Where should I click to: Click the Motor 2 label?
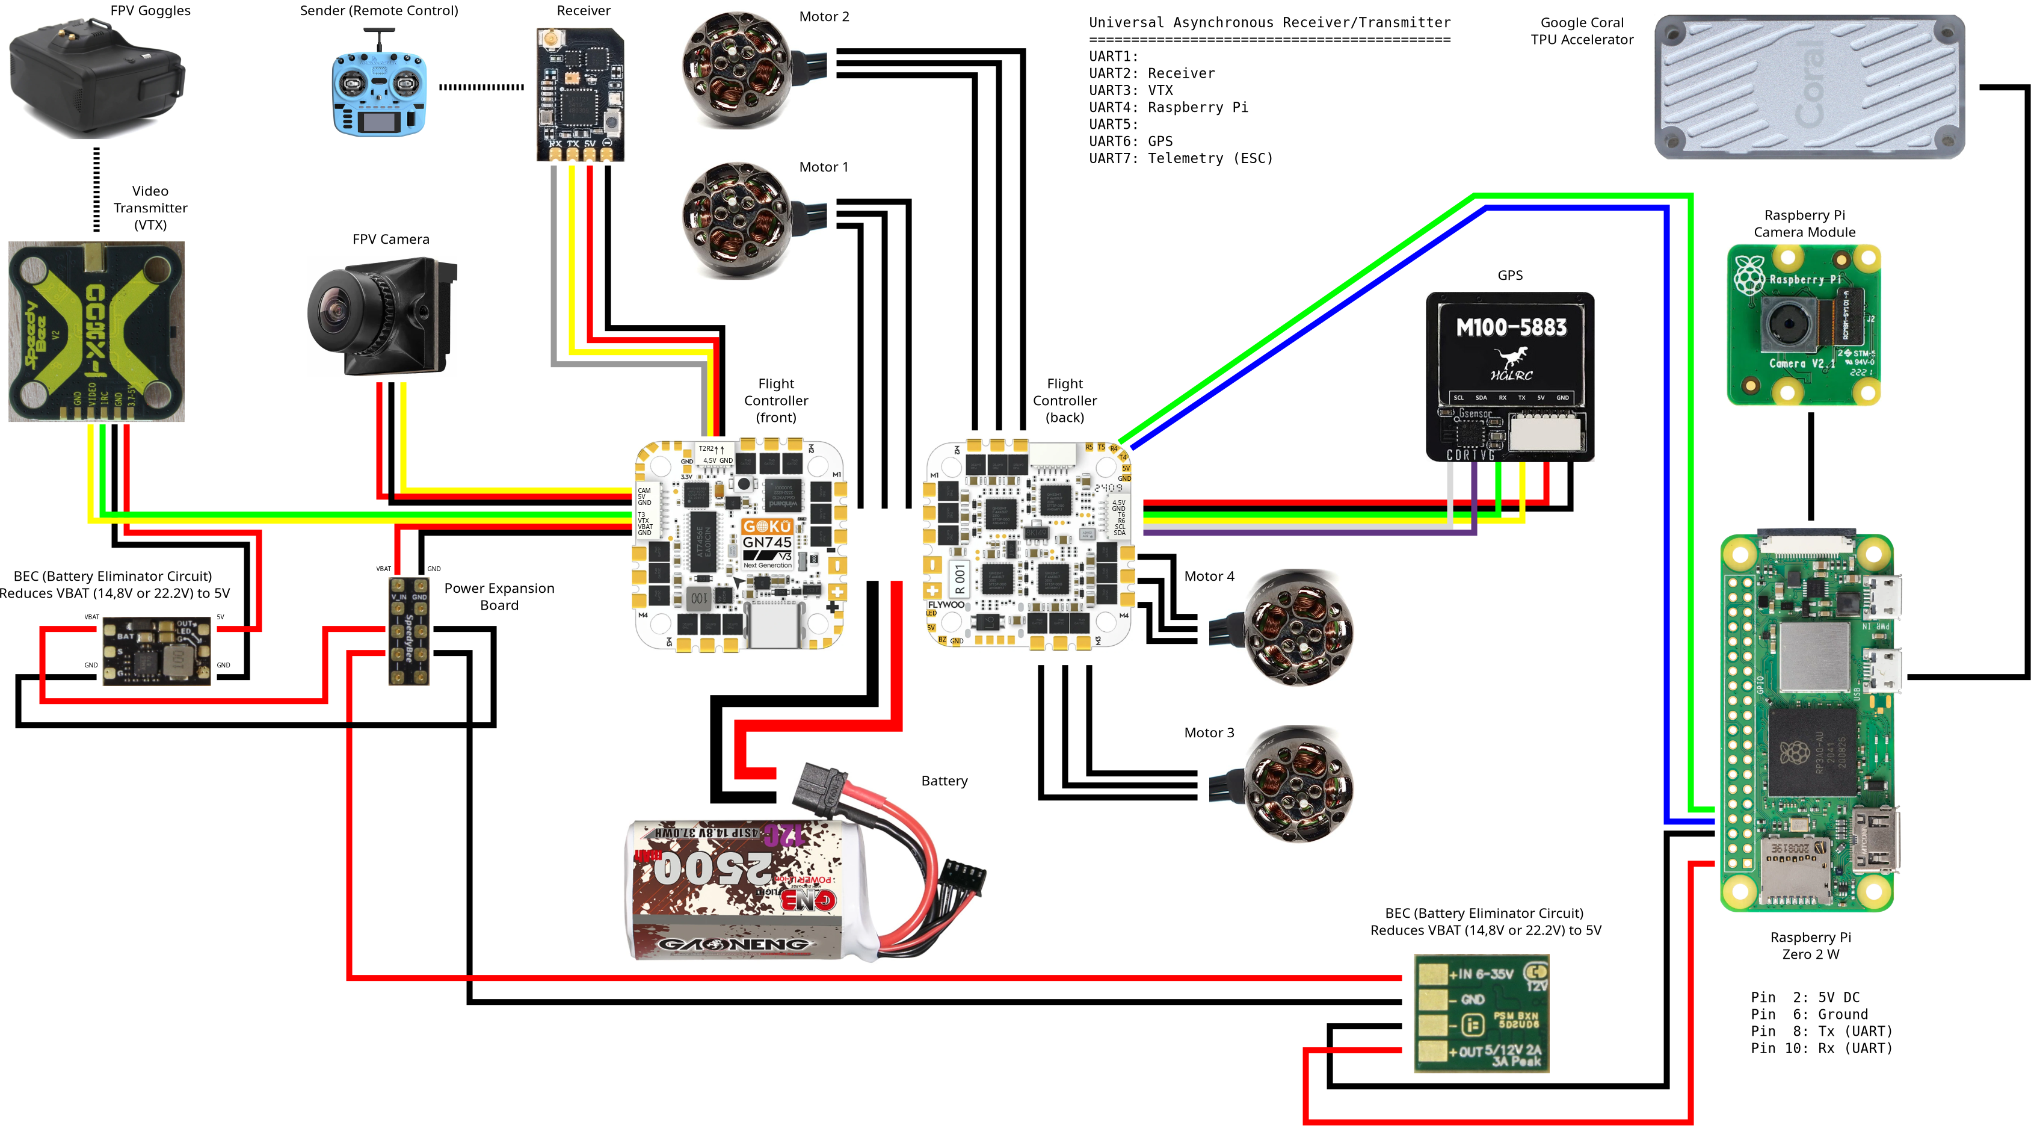click(x=824, y=17)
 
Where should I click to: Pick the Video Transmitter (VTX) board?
click(x=96, y=331)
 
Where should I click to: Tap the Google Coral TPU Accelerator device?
click(x=1808, y=87)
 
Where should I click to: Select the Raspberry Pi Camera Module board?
click(x=1803, y=325)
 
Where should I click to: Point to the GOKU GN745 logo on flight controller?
click(x=766, y=534)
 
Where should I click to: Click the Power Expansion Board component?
click(x=409, y=631)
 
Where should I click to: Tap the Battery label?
click(x=944, y=781)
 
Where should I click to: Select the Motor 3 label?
click(x=1209, y=732)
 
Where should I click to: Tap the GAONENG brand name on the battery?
click(x=733, y=945)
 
